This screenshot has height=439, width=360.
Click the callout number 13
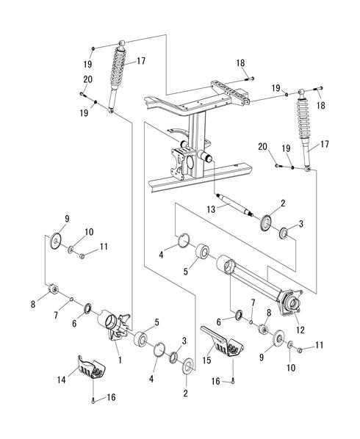pos(211,209)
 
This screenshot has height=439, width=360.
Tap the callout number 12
pos(300,330)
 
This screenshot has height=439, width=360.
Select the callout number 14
pos(62,380)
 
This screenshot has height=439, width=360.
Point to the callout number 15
pos(206,360)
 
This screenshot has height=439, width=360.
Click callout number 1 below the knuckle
pos(120,360)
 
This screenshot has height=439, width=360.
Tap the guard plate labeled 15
pos(222,342)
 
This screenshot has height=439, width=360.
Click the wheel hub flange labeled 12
pos(292,305)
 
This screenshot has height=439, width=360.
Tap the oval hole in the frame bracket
pos(190,162)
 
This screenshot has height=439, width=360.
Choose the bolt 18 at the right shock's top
pos(320,89)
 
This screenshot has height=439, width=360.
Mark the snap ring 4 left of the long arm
pos(184,241)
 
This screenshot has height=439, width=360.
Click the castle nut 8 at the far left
pos(53,289)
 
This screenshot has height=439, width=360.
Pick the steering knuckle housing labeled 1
pos(115,324)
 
